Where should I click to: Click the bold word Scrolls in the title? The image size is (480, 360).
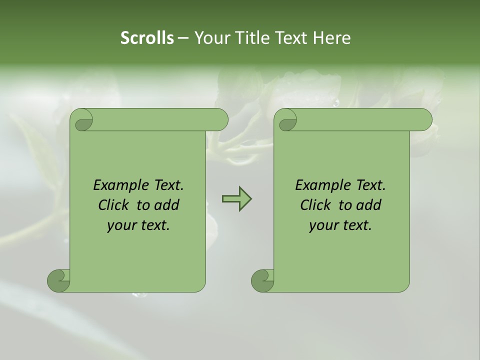pos(147,38)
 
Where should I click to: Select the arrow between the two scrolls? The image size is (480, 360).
pos(236,199)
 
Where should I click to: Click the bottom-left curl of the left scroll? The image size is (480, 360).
pos(58,280)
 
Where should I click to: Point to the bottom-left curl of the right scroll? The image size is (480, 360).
pos(262,280)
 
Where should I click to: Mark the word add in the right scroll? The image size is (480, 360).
pos(370,205)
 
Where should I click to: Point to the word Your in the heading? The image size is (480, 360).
pos(211,38)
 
